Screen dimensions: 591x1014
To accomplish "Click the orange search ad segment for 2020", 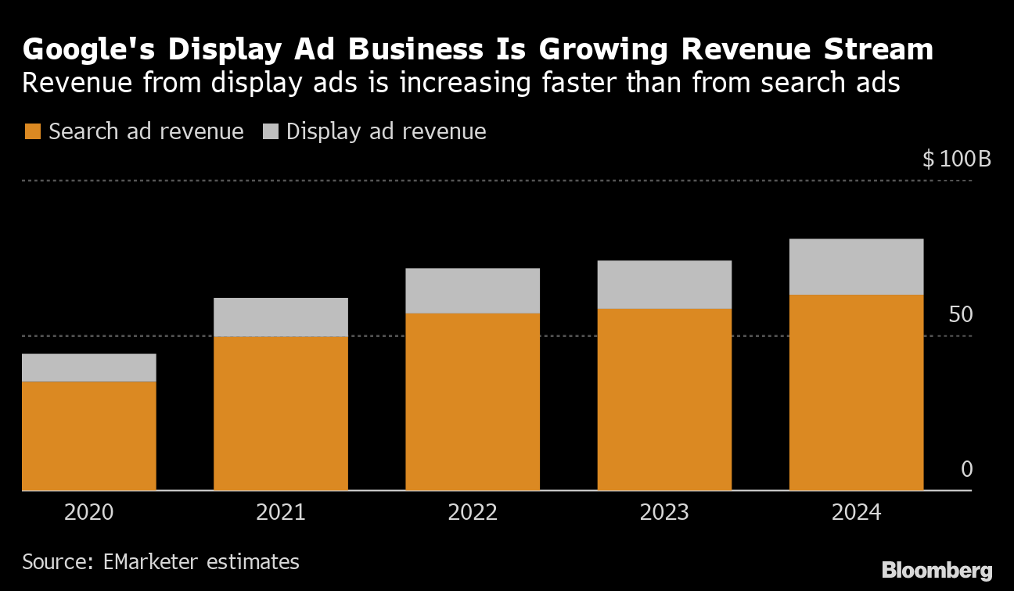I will [x=88, y=436].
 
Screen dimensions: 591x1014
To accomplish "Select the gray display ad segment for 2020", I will [x=88, y=367].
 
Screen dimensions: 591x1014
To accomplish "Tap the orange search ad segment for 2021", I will [x=280, y=414].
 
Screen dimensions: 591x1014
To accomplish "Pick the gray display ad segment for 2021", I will [x=280, y=317].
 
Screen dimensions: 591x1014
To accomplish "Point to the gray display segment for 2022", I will [x=472, y=291].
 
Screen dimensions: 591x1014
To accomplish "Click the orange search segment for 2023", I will [x=664, y=399].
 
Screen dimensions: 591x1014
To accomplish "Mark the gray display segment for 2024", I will [x=856, y=267].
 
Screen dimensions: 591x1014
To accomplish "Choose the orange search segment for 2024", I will [x=856, y=392].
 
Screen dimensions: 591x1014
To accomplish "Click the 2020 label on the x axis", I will [x=88, y=513].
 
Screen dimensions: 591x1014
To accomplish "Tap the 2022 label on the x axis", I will [x=472, y=513].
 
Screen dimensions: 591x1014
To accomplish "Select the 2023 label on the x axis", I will [x=664, y=513].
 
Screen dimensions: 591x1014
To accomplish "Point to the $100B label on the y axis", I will [x=956, y=159].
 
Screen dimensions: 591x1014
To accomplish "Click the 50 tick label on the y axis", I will [x=960, y=315].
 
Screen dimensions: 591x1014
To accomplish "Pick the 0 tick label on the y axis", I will [x=966, y=470].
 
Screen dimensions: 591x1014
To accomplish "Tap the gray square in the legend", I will [x=270, y=131].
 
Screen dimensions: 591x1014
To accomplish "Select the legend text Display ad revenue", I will [x=387, y=131].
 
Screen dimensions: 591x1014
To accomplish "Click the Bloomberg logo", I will [x=937, y=571].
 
